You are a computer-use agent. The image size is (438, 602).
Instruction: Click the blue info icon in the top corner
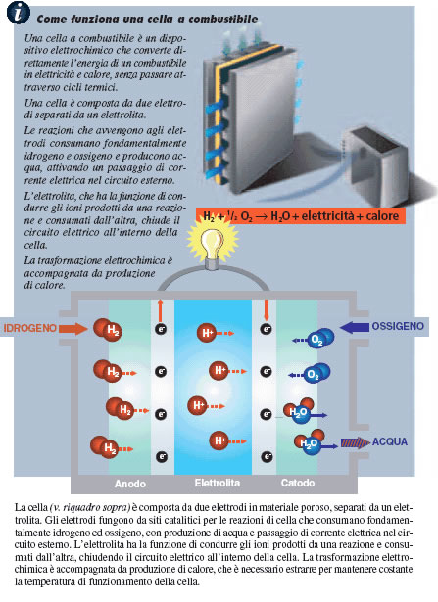point(18,13)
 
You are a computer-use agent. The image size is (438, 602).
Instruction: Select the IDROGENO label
point(29,328)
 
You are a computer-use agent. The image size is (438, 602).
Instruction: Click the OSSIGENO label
point(398,326)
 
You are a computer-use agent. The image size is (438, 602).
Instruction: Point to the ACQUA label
point(390,441)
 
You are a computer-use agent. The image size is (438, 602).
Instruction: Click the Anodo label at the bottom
point(130,484)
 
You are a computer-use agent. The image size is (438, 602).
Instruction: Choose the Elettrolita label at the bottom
point(218,483)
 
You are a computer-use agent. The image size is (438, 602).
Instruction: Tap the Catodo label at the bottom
point(298,483)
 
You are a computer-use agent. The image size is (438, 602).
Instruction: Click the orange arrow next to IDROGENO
point(73,329)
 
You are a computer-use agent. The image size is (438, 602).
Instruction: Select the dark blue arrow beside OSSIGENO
point(355,327)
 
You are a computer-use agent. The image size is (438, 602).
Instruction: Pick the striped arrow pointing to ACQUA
point(355,443)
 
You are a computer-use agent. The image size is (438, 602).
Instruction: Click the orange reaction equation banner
point(301,216)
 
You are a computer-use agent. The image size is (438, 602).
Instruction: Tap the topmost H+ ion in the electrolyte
point(207,333)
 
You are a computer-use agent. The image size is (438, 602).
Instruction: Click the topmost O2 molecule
point(320,339)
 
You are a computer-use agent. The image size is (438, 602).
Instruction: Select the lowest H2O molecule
point(311,442)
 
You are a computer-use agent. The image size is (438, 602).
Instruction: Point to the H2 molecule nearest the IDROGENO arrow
point(108,330)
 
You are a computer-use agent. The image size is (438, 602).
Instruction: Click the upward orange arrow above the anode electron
point(161,310)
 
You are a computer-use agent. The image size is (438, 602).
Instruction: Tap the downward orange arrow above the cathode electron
point(266,310)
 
